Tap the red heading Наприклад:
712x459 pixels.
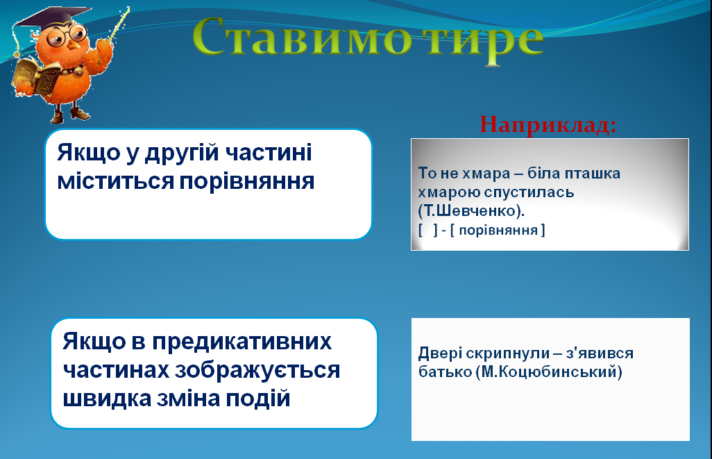[548, 124]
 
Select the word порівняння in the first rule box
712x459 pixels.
[247, 181]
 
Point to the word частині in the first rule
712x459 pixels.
[269, 152]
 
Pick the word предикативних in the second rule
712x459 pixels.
[242, 342]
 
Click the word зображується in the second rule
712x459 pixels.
[257, 371]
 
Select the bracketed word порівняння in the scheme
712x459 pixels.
[498, 230]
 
